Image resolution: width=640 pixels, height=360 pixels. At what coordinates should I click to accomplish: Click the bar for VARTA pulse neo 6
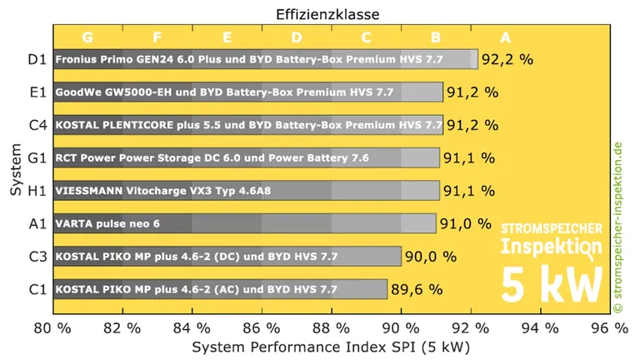(244, 223)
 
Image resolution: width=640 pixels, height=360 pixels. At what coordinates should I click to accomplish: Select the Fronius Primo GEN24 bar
(265, 59)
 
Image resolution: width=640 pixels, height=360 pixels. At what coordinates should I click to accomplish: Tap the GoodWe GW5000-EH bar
(247, 92)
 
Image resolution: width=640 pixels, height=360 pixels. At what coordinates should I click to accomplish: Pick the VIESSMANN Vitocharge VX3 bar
(246, 190)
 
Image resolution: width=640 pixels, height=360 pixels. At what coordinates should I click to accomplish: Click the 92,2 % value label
(507, 59)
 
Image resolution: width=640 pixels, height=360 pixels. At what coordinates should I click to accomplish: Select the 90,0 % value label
(431, 257)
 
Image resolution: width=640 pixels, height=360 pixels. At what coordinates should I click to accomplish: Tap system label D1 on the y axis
(37, 59)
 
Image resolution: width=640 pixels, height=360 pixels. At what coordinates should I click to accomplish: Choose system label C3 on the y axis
(37, 257)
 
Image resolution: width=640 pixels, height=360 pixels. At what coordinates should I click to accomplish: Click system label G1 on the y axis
(37, 157)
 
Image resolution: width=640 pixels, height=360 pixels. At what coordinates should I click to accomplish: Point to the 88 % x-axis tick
(331, 325)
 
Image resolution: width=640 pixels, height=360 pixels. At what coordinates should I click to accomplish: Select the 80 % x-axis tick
(52, 325)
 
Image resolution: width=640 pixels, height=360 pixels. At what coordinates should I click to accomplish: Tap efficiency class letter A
(504, 37)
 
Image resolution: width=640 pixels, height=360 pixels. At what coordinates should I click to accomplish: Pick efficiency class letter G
(87, 37)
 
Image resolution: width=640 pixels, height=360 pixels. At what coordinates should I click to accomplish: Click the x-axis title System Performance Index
(331, 344)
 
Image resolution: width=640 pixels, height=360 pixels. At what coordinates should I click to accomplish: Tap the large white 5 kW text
(550, 282)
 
